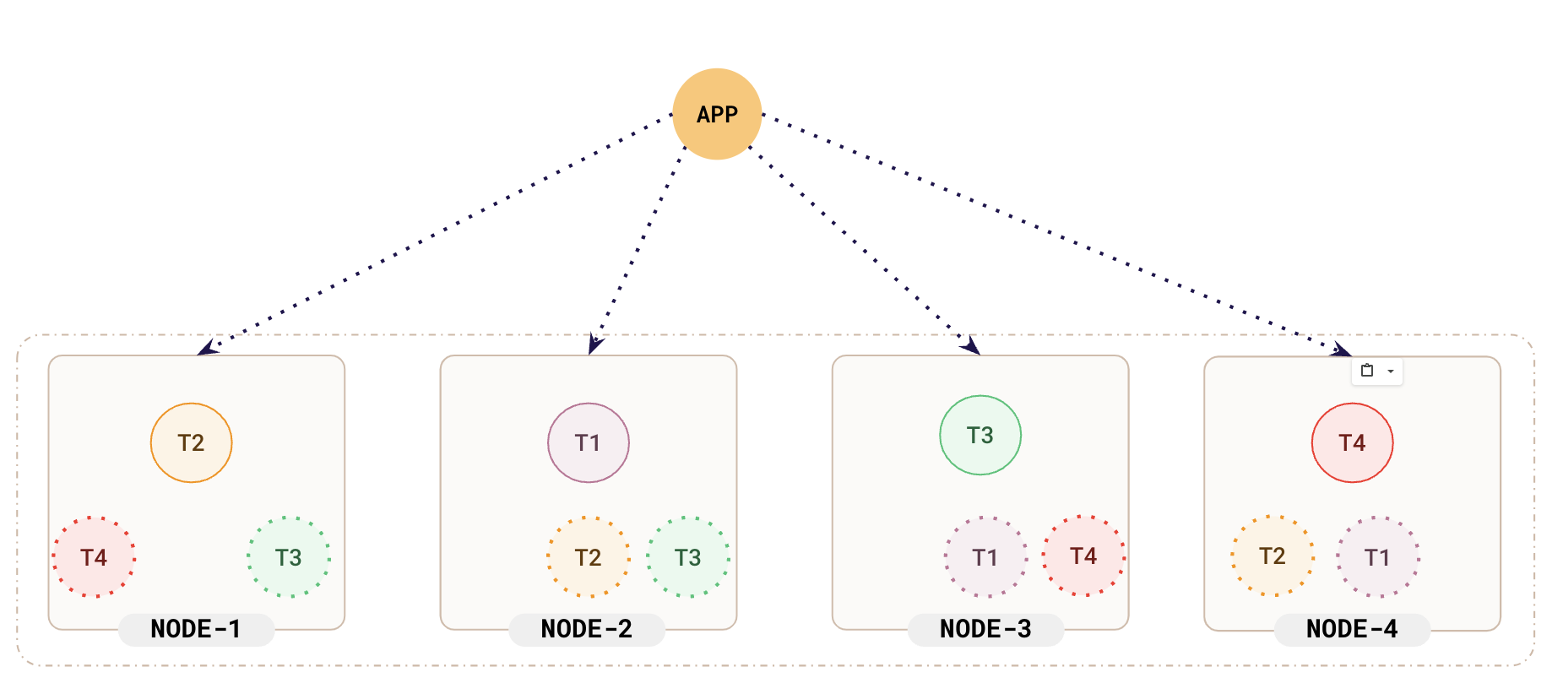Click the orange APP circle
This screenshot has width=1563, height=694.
pos(717,114)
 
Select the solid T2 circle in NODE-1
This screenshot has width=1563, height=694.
pos(192,442)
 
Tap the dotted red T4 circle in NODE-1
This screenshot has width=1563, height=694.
pos(94,557)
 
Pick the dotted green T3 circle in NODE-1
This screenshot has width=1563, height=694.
pos(289,557)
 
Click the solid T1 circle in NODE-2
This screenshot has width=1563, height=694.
pos(589,442)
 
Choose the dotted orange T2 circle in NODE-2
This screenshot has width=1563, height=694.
pos(589,557)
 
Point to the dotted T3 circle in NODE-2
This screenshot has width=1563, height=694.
pos(688,557)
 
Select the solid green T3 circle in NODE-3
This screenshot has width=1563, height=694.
pos(980,436)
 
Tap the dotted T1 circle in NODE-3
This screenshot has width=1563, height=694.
pos(985,557)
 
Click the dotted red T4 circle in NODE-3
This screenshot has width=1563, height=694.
pos(1084,556)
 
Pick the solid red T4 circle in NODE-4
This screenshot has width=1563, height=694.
pos(1353,442)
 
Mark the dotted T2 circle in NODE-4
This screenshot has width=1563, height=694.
pos(1273,556)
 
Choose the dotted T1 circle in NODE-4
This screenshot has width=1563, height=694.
pos(1378,557)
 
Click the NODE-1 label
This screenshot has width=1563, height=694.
pos(196,629)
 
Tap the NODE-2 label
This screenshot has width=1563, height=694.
pos(587,629)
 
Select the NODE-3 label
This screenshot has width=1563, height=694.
pos(985,629)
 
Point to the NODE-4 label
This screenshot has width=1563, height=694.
pos(1352,629)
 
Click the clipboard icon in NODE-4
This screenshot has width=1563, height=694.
pos(1367,371)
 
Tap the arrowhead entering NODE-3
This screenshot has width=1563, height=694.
pos(972,346)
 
